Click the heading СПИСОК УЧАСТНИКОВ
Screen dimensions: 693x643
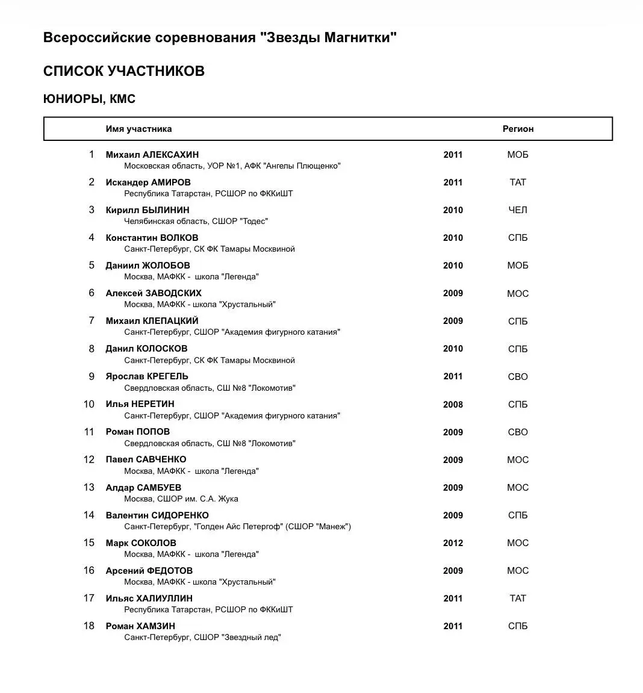[123, 71]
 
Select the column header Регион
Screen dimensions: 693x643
[518, 129]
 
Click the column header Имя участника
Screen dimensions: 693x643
[138, 129]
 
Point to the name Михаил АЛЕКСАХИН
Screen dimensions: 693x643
[152, 155]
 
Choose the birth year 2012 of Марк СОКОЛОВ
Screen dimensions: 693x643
[453, 543]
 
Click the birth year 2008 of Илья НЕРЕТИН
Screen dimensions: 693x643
[453, 405]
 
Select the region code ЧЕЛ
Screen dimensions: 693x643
[517, 210]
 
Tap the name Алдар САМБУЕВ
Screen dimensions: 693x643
[143, 488]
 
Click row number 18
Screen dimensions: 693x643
[89, 626]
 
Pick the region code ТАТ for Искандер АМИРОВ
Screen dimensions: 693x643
[517, 182]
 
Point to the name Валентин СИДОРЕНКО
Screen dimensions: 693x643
[157, 515]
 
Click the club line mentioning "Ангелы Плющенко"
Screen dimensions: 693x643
[232, 166]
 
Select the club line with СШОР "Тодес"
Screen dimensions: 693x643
[196, 222]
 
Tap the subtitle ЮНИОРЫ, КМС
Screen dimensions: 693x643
[89, 99]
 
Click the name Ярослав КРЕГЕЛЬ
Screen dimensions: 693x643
[147, 376]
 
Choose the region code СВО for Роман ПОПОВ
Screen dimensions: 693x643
[517, 432]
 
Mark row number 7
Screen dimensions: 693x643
[92, 321]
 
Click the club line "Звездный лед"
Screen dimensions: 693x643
[202, 638]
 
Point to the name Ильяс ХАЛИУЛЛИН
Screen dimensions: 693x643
[149, 598]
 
